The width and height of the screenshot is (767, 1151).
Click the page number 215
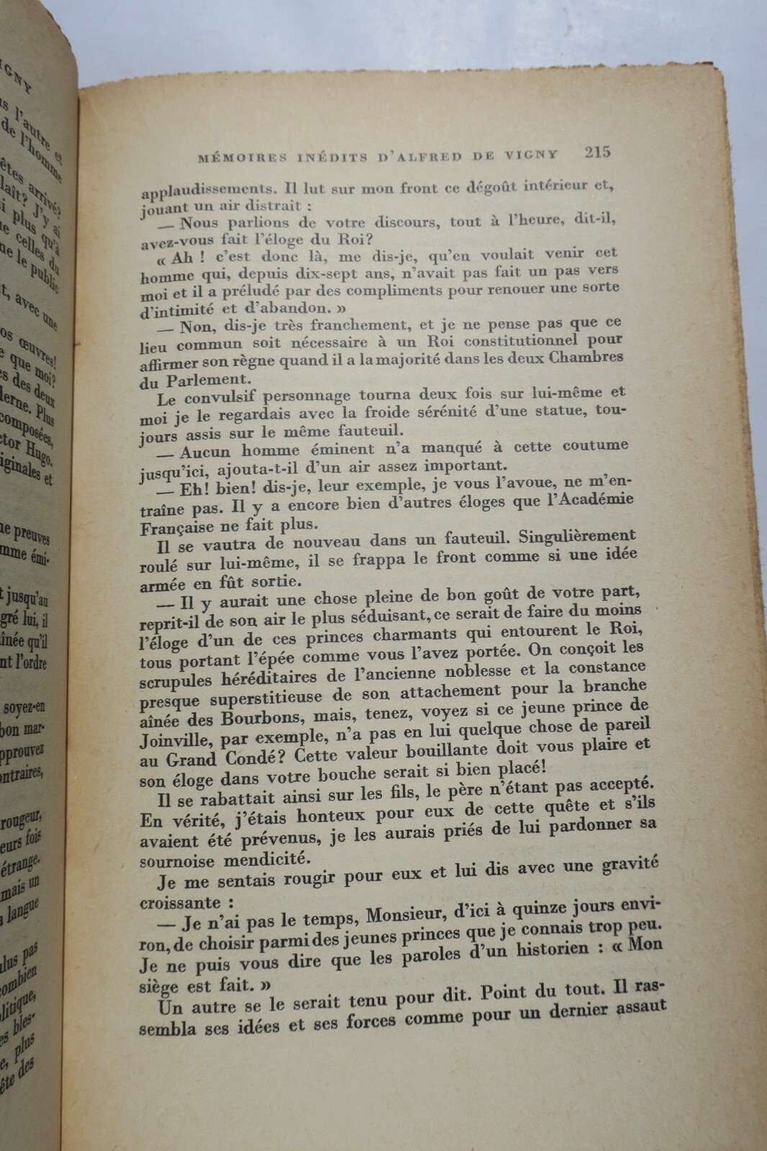597,152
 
